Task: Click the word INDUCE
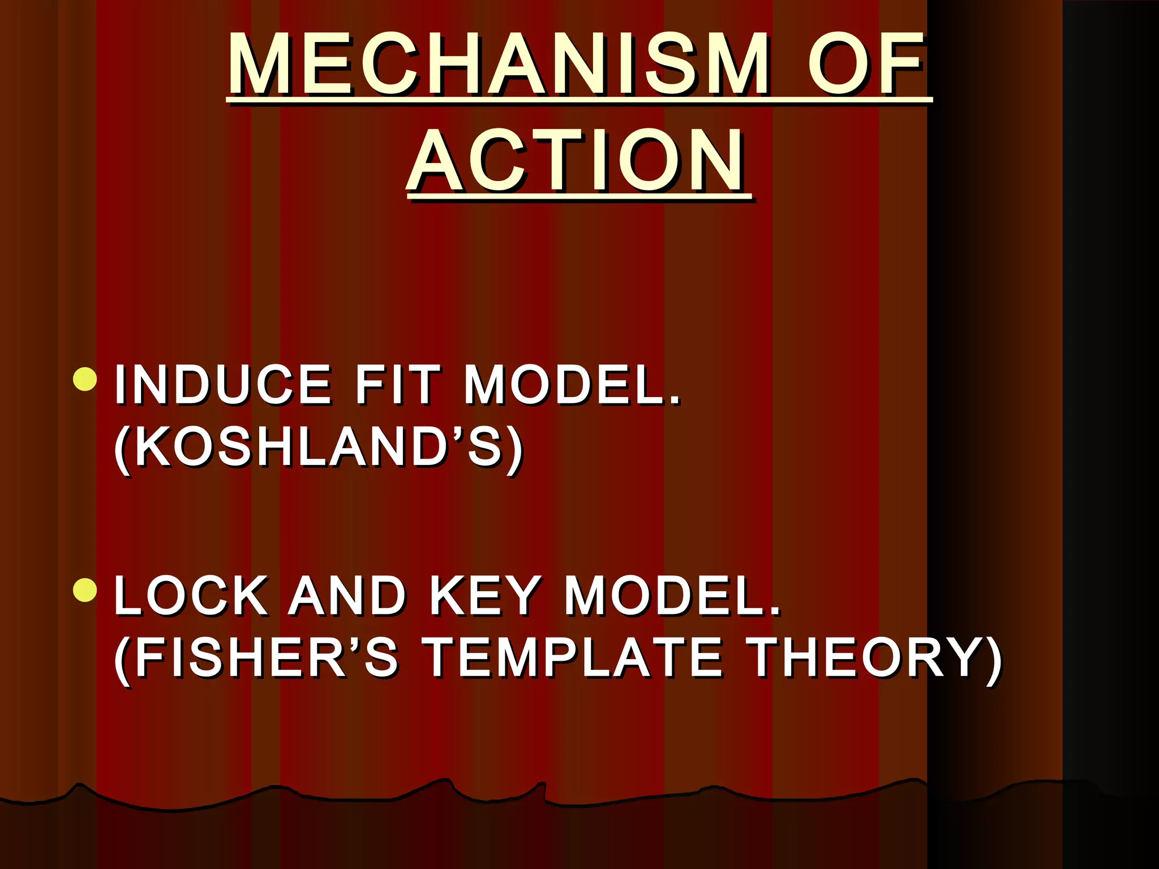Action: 223,385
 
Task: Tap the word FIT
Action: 397,385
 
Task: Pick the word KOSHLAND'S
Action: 319,447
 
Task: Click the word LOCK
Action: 191,596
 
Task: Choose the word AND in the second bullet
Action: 347,596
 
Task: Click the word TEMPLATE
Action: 573,657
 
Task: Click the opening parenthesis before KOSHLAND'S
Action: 122,449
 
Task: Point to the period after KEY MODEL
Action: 775,612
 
